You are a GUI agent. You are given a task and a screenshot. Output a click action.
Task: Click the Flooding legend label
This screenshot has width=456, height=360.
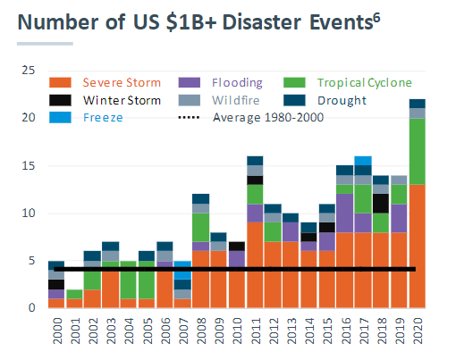tap(237, 83)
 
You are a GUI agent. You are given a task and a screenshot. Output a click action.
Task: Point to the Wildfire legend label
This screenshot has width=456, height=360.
tap(236, 100)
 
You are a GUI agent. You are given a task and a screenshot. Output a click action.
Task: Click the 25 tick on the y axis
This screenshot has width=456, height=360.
tap(30, 71)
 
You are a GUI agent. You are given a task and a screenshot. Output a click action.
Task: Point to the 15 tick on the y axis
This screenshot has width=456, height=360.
tap(30, 165)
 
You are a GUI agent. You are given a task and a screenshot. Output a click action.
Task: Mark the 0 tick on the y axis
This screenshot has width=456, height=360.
tap(33, 308)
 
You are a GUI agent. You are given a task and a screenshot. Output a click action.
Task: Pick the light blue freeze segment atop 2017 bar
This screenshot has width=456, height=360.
tap(362, 161)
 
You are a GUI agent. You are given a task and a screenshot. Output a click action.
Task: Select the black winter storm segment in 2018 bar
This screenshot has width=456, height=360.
tap(380, 203)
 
